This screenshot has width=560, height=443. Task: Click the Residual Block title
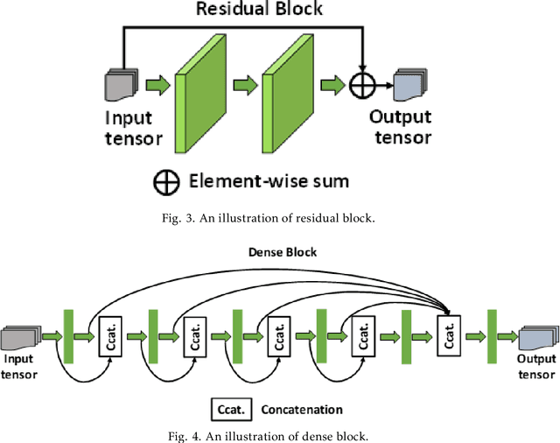258,10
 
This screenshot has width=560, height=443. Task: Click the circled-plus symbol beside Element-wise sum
164,181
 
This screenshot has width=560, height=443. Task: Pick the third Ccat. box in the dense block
279,334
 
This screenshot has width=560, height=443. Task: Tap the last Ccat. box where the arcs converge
447,334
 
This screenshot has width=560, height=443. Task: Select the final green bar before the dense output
491,334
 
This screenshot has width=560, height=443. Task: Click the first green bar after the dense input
68,334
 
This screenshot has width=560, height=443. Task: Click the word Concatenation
302,409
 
